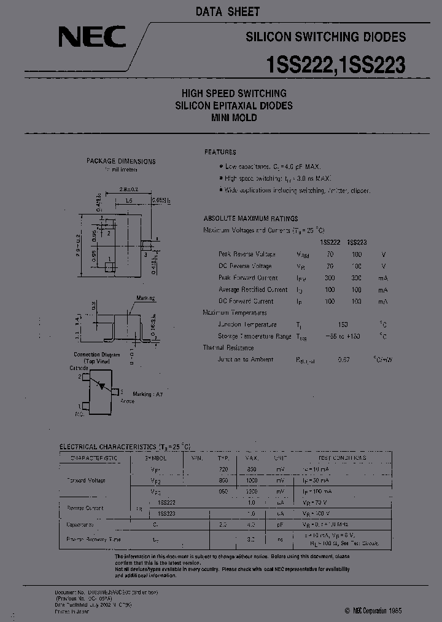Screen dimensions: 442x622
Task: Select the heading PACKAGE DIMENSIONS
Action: click(120, 161)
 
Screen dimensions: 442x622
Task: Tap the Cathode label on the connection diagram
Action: click(79, 368)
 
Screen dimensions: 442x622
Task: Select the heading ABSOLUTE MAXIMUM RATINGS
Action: click(250, 218)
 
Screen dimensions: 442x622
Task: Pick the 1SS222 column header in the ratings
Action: click(330, 242)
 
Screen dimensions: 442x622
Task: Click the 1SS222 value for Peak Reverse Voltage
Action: click(330, 254)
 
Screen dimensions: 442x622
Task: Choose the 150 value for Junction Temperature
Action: click(343, 325)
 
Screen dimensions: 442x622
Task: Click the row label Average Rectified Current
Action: click(252, 289)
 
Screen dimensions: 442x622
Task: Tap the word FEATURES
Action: click(220, 152)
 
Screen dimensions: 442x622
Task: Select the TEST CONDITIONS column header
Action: click(341, 458)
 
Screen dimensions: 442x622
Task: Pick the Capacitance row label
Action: click(80, 525)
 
